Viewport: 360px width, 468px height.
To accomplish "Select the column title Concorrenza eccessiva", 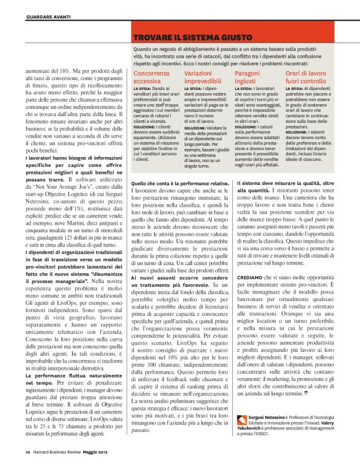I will [x=153, y=77].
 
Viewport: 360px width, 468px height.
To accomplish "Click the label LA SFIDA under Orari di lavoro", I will [x=295, y=90].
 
